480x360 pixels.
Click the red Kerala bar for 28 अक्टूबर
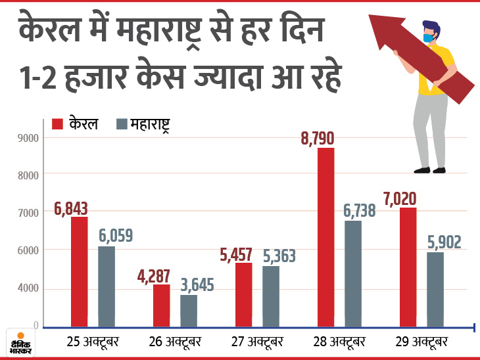click(325, 237)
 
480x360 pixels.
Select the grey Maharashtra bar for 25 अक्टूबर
click(107, 286)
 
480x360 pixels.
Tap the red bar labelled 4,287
click(162, 305)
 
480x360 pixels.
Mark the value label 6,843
click(71, 208)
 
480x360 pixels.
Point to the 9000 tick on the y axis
click(28, 138)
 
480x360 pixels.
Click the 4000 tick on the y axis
click(28, 288)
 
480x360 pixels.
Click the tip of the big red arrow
click(372, 18)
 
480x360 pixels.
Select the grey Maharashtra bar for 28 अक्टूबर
click(353, 273)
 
